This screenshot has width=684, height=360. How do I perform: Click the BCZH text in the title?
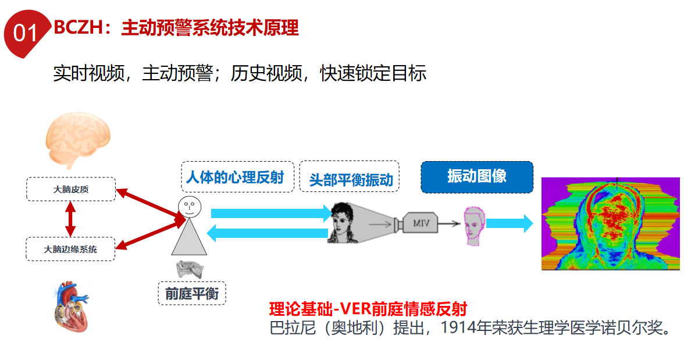coord(74,27)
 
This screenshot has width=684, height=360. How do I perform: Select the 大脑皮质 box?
coord(71,190)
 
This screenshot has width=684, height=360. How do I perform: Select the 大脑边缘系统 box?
coord(71,249)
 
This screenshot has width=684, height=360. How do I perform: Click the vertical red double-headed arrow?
coord(71,219)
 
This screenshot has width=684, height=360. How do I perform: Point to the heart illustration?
coord(69,306)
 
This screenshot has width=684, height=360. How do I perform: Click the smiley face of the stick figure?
coord(190,206)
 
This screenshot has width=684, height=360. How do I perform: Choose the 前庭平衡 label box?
coord(192,294)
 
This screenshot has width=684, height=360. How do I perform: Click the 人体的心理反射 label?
coord(234,177)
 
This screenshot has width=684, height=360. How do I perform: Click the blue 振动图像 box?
coord(476,177)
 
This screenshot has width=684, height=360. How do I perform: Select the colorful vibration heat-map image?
coord(610,224)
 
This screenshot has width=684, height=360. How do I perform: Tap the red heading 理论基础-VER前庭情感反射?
coord(368,309)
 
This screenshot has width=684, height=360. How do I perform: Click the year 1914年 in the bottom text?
coord(463,328)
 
